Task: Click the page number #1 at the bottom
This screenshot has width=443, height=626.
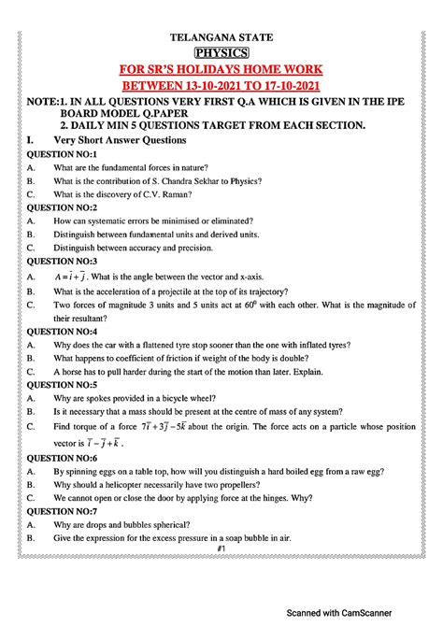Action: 221,548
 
